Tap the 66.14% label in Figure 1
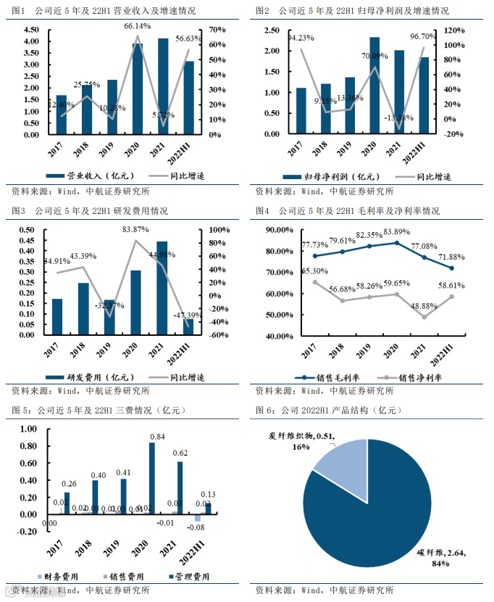coord(138,25)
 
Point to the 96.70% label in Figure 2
coord(443,36)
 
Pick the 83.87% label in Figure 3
coord(136,229)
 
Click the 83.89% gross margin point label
coord(395,231)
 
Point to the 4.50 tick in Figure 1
coord(31,30)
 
